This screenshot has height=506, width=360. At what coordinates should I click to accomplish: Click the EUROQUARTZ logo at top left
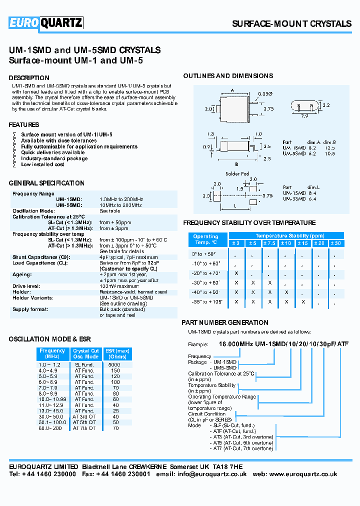point(45,23)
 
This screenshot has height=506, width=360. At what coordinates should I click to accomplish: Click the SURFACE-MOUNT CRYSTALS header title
point(291,24)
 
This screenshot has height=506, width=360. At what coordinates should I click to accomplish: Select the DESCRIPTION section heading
point(29,78)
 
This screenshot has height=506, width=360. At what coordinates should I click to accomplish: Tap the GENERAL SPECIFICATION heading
point(46,183)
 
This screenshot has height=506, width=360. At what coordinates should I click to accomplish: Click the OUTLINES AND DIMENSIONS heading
point(228,76)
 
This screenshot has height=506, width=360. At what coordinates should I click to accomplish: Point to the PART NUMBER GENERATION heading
point(224,322)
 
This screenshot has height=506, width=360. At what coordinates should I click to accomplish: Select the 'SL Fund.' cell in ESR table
point(84,365)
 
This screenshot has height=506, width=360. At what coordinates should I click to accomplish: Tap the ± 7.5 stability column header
point(269,243)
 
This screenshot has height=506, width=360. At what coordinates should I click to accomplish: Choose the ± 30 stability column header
point(336,243)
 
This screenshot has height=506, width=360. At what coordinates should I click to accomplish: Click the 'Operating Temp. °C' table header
point(206,239)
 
